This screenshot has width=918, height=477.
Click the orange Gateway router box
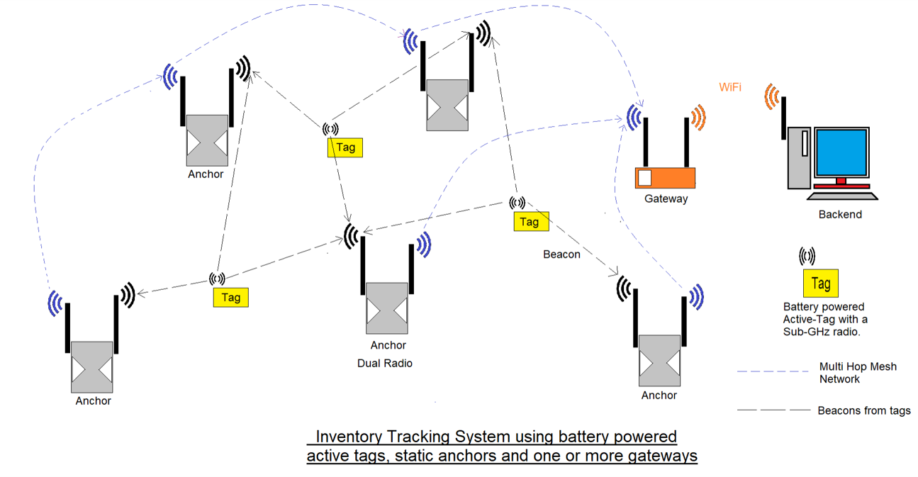pyautogui.click(x=665, y=178)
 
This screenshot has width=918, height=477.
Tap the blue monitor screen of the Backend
pyautogui.click(x=841, y=155)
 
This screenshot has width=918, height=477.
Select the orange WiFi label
pyautogui.click(x=730, y=87)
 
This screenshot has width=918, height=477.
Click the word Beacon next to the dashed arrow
pyautogui.click(x=561, y=254)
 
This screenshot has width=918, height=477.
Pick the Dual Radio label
pyautogui.click(x=385, y=364)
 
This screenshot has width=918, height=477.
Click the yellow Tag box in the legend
pyautogui.click(x=821, y=284)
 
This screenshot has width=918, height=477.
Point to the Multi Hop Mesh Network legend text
pyautogui.click(x=858, y=373)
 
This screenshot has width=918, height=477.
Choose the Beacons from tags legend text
pyautogui.click(x=864, y=410)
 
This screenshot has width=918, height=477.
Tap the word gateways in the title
pyautogui.click(x=662, y=456)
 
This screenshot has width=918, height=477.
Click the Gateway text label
pyautogui.click(x=666, y=199)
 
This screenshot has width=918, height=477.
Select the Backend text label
pyautogui.click(x=840, y=215)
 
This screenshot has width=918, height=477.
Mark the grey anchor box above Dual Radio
pyautogui.click(x=387, y=308)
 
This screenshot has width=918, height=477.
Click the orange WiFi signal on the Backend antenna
pyautogui.click(x=773, y=97)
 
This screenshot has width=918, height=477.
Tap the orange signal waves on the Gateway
pyautogui.click(x=698, y=118)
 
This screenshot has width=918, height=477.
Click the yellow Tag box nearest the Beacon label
pyautogui.click(x=531, y=222)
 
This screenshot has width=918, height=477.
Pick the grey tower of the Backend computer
pyautogui.click(x=799, y=158)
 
